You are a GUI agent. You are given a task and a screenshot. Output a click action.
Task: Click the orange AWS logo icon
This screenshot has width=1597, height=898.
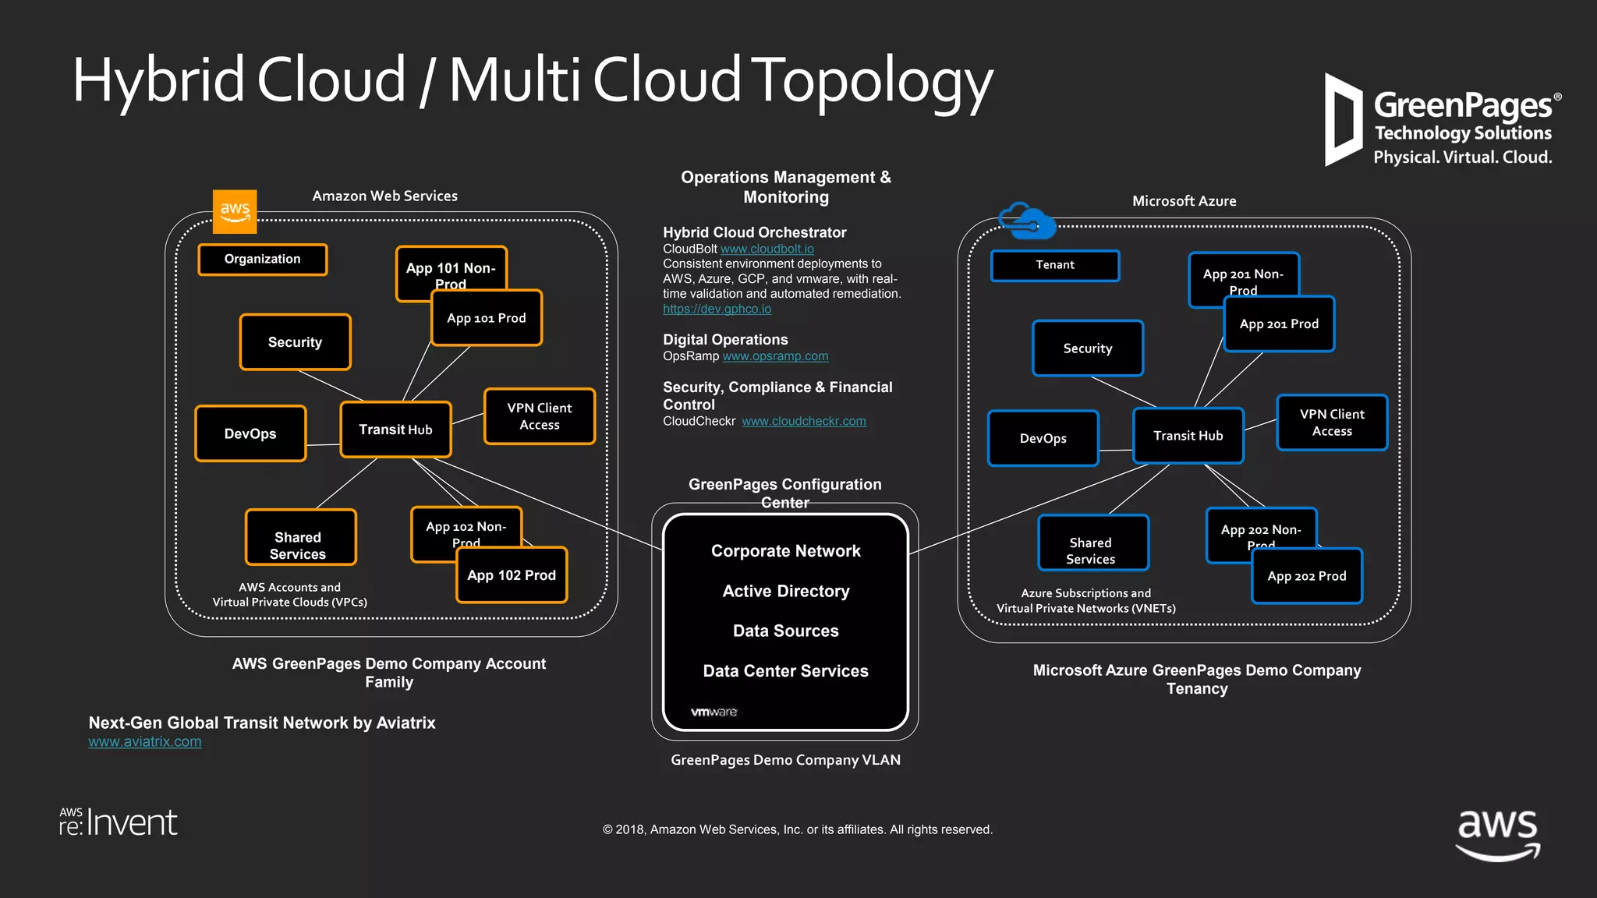pos(235,211)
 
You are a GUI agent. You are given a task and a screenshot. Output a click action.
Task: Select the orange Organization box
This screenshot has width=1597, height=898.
pos(263,259)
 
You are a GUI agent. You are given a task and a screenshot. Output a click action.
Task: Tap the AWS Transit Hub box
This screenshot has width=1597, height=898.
pos(395,430)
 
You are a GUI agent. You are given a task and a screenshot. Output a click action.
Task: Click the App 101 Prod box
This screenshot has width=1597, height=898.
pos(487,318)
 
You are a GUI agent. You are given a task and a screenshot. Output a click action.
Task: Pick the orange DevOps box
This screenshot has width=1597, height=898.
pos(250,433)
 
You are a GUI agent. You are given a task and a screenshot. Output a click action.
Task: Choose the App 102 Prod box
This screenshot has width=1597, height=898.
pos(512,575)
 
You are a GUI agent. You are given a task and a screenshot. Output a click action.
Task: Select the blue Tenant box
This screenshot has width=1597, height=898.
pos(1054,265)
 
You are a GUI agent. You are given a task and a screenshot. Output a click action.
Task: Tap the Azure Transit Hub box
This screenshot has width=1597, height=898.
pos(1188,436)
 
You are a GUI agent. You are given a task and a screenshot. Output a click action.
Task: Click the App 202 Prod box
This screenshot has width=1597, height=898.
pos(1307,576)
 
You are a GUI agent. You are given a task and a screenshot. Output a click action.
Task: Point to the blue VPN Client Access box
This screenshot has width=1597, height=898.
pos(1332,422)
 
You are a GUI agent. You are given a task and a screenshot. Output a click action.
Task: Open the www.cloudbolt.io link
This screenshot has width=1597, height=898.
pos(767,249)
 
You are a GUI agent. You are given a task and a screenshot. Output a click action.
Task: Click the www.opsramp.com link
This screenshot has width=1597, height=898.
pos(775,356)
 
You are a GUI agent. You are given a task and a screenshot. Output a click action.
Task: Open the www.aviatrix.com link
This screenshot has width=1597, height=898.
pos(145,742)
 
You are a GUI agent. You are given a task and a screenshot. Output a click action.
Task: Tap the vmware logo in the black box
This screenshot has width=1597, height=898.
pos(714,712)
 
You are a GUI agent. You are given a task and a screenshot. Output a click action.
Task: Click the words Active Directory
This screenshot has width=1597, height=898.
pos(785,591)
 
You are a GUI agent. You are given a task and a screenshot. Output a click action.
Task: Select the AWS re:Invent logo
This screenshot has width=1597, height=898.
pos(119,822)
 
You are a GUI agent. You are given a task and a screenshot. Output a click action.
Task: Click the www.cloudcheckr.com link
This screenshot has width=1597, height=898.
pos(803,421)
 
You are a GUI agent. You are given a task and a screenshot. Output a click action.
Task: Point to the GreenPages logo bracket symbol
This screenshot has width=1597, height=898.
pos(1343,120)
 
